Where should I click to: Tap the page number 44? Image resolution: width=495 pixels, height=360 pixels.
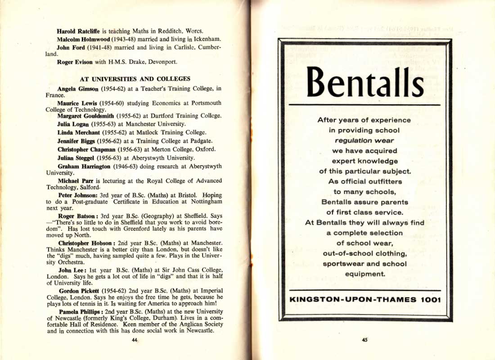coord(134,340)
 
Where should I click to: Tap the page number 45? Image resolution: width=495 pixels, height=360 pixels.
coord(364,340)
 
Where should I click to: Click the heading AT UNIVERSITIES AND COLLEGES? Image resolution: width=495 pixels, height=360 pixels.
coord(135,79)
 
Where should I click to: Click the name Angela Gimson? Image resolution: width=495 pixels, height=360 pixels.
coord(78,89)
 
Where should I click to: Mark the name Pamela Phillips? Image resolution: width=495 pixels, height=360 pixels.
coord(80,311)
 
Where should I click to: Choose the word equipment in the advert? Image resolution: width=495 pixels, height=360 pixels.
coord(365,274)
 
